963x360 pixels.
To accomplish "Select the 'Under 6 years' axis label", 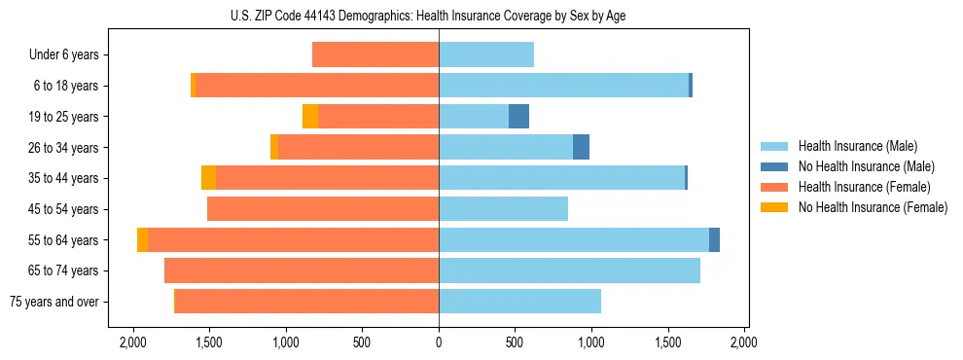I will (63, 54).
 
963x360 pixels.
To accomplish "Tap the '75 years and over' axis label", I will (53, 302).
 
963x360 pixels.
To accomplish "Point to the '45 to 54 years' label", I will (63, 209).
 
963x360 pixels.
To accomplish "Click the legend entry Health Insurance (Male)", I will (858, 146).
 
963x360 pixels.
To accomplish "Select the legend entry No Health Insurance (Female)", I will (872, 207).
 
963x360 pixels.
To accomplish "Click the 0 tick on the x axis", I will (439, 342).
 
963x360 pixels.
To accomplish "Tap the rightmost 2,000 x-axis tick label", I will (744, 342).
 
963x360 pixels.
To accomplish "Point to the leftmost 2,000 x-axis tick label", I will (133, 342).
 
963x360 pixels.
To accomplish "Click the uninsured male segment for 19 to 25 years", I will (518, 117).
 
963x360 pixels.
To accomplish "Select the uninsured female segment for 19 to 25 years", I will (310, 117).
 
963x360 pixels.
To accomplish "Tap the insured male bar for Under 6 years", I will (486, 54).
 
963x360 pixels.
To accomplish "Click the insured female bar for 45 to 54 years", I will (323, 209).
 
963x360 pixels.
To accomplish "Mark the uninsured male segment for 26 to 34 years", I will (581, 147).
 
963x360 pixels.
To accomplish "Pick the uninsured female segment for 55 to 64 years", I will (143, 240).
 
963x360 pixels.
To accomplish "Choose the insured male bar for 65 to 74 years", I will (569, 270).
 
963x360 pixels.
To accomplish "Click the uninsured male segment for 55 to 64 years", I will (714, 240).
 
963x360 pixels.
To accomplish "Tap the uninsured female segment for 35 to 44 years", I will (208, 178).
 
